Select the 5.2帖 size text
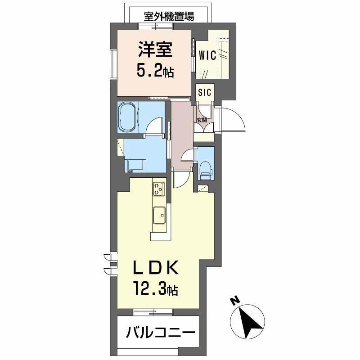coord(155,71)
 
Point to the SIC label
coord(205,93)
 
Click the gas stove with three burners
coord(159,189)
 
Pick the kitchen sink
coord(160,215)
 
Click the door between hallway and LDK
coord(180,180)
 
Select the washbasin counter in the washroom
coord(135,166)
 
